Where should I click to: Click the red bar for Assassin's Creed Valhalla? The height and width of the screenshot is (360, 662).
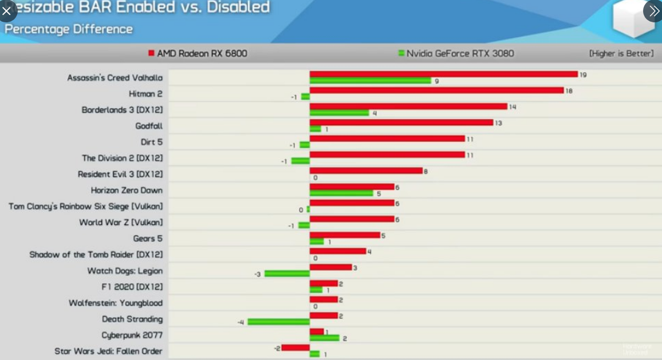click(444, 74)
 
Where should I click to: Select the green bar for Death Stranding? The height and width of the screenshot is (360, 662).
click(279, 322)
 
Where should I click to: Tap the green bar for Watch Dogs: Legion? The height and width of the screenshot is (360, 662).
click(287, 274)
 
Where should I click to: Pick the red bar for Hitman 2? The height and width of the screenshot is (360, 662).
click(436, 90)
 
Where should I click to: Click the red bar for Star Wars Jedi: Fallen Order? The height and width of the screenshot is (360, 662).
click(295, 347)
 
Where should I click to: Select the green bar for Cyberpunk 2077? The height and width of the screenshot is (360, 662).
click(324, 338)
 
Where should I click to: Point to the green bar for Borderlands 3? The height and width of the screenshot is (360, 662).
click(339, 113)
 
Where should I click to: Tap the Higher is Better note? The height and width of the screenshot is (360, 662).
click(621, 53)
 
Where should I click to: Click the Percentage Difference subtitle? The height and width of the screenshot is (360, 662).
click(69, 29)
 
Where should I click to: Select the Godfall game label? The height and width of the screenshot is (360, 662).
click(149, 126)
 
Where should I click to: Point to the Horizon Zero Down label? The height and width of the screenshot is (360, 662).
click(127, 190)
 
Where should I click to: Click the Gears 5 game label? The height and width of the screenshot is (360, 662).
click(148, 238)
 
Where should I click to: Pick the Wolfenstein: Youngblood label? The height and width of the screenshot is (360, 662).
click(116, 303)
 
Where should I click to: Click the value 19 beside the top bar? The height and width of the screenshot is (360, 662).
click(583, 74)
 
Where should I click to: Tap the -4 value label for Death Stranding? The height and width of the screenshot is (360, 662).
click(241, 322)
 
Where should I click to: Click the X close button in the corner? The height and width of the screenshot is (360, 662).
click(7, 10)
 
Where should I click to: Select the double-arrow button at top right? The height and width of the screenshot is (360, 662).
click(653, 10)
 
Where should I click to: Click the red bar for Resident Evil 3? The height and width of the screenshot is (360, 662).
click(366, 171)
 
